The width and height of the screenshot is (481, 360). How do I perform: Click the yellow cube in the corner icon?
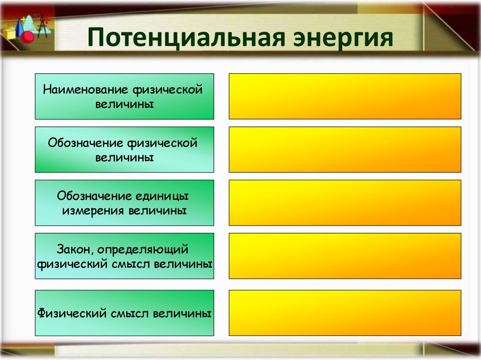click(x=10, y=34)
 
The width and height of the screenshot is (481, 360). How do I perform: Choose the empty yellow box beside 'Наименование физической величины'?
click(x=345, y=96)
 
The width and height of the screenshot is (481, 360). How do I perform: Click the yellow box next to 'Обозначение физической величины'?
click(x=345, y=149)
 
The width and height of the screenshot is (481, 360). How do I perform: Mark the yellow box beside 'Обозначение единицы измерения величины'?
click(x=345, y=203)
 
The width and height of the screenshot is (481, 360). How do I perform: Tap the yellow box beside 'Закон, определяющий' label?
click(x=345, y=256)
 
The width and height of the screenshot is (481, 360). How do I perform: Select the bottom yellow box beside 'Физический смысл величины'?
click(x=345, y=313)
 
